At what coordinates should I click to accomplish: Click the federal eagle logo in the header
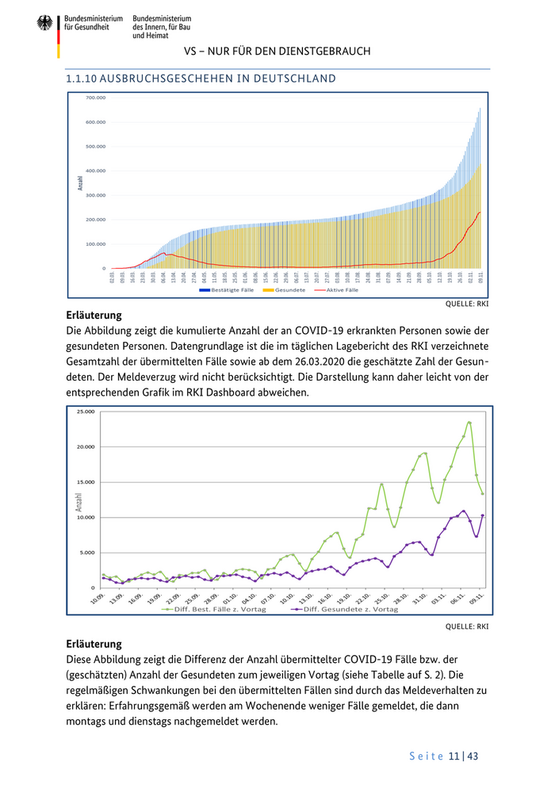[x=44, y=23]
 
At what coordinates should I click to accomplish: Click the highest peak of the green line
[x=469, y=423]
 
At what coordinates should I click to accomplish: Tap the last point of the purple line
[x=483, y=515]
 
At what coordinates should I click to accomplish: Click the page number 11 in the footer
[x=454, y=756]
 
